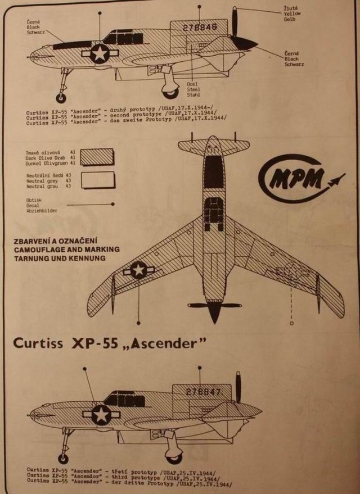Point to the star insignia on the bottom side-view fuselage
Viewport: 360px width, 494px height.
tap(98, 416)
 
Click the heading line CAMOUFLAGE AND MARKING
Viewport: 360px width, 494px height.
tap(66, 251)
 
